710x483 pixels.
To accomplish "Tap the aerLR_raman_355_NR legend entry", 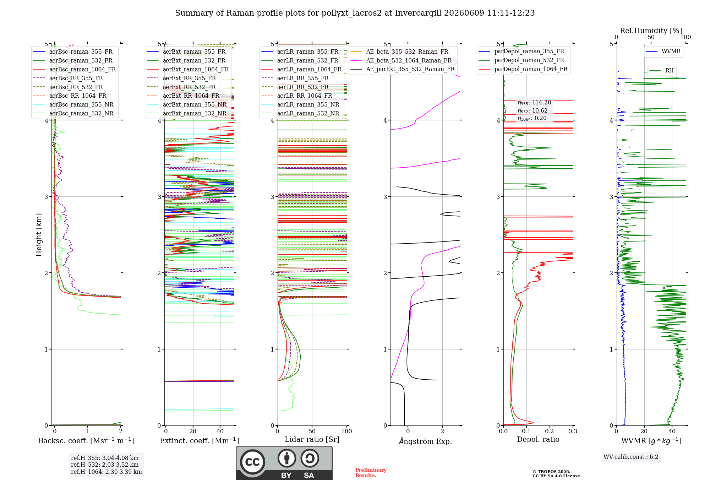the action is point(300,105).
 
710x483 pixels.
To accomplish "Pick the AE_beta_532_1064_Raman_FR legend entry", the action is point(401,61).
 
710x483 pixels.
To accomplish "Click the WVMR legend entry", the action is point(663,51).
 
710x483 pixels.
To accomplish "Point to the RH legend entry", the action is point(661,71).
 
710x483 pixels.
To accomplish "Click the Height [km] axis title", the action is point(39,235).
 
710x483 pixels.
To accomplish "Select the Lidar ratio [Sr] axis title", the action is point(312,439).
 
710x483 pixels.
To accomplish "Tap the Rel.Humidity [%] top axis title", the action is point(651,31).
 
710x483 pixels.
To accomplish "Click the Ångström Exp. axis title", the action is point(425,441).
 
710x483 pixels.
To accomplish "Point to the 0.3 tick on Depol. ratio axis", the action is point(573,431).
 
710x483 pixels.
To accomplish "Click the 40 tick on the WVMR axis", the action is point(672,431).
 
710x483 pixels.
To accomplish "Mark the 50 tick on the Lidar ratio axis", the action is point(312,431).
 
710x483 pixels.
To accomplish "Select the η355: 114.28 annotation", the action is point(534,103).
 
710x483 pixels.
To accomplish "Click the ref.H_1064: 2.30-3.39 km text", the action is point(106,472).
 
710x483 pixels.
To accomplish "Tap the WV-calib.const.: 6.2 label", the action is point(631,457).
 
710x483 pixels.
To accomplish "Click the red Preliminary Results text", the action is point(371,473).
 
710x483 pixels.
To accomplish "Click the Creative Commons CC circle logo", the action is point(252,462).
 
